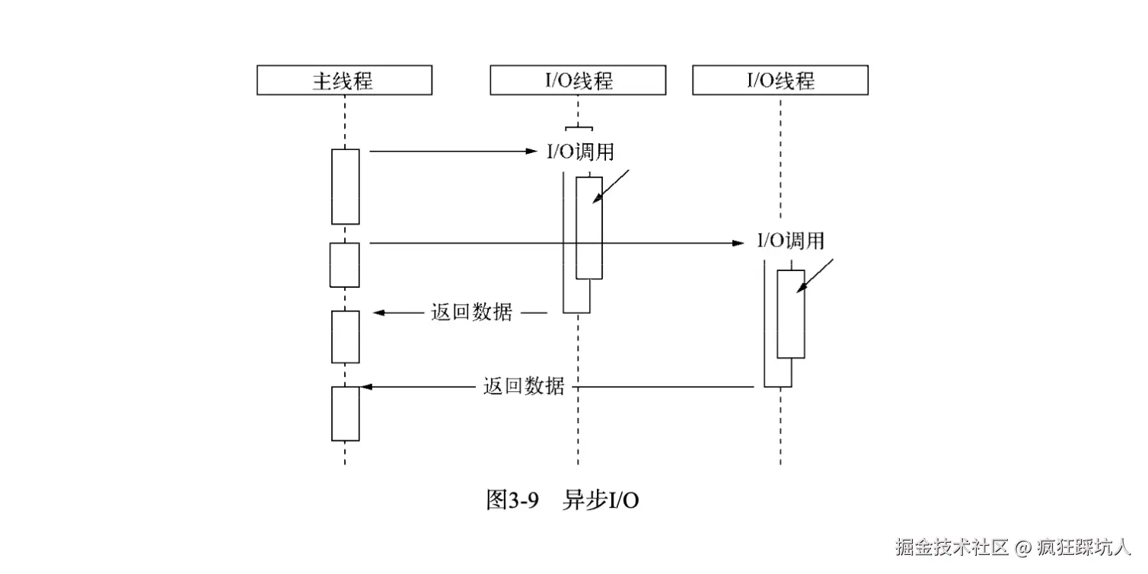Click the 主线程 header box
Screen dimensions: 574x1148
point(344,80)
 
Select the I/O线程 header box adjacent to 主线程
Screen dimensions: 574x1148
point(578,80)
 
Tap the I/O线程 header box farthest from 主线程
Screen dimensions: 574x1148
point(780,80)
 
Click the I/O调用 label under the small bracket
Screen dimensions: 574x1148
point(580,151)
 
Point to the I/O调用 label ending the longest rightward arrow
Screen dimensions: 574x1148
point(790,241)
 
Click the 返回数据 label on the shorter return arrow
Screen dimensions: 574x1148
point(471,312)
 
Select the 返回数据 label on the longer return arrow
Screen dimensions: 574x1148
point(524,386)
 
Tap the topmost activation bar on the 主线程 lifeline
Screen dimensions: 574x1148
point(345,187)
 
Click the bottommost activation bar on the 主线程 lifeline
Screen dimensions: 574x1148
point(345,413)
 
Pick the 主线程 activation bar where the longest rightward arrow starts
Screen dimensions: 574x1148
point(344,265)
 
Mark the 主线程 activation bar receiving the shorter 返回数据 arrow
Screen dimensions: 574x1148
point(345,336)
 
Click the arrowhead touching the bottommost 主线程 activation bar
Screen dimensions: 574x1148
point(365,387)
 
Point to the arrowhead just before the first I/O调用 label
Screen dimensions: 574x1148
point(533,151)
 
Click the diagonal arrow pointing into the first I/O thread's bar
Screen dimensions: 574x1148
point(611,187)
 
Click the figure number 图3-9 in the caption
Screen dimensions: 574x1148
point(512,500)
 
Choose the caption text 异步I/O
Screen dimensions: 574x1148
point(601,500)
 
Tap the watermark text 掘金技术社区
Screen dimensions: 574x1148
point(952,547)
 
